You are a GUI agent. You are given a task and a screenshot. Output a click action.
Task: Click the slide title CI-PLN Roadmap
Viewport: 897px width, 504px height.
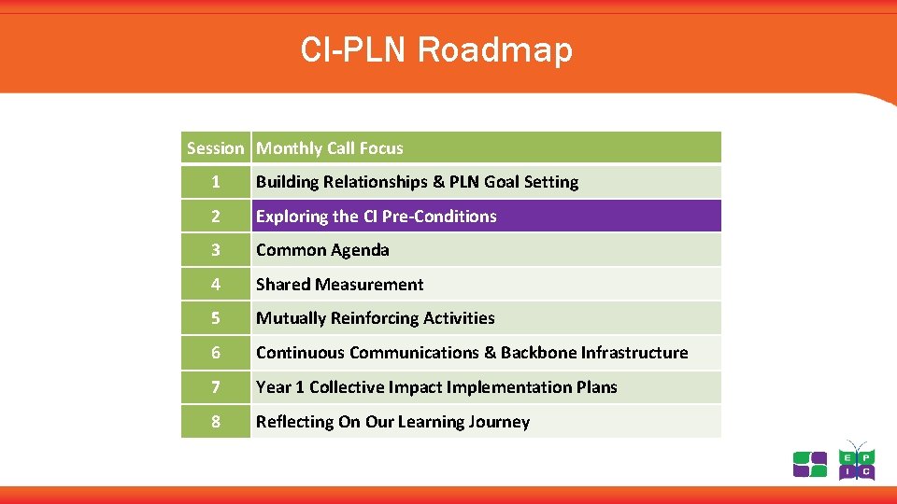click(436, 49)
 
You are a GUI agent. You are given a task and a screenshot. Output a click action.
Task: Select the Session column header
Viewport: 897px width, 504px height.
click(215, 148)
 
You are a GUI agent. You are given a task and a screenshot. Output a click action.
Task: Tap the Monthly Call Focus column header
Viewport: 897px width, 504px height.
click(330, 148)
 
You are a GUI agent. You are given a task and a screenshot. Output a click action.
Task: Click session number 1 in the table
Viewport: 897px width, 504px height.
click(216, 182)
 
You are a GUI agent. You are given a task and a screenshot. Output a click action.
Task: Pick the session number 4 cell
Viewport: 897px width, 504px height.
click(216, 285)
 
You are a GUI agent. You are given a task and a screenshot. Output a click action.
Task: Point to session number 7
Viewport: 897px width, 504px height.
click(216, 387)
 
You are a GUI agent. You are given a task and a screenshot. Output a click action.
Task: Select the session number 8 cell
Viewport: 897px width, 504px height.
click(216, 422)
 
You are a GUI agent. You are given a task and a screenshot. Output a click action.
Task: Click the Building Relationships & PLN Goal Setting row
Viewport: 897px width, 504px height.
click(418, 182)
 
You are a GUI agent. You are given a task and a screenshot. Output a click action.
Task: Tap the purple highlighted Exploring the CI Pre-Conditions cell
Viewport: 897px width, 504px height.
click(377, 217)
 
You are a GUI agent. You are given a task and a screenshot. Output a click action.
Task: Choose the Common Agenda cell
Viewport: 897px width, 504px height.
click(322, 250)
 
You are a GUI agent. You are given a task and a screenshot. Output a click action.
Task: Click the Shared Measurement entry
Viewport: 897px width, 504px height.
click(340, 285)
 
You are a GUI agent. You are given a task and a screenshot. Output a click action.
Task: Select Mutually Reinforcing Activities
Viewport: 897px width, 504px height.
click(376, 318)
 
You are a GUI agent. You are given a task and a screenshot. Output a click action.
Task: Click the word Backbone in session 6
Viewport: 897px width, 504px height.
click(538, 353)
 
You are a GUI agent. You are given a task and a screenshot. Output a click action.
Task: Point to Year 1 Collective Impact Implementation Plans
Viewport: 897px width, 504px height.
click(436, 387)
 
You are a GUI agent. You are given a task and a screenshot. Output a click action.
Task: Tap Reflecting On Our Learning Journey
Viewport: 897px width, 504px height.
click(392, 422)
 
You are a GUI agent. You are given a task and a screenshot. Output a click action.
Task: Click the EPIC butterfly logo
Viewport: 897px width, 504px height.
click(856, 461)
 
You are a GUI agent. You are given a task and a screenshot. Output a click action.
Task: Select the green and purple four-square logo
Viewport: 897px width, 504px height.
click(810, 464)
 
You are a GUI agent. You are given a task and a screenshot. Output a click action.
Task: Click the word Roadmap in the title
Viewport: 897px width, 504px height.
click(495, 49)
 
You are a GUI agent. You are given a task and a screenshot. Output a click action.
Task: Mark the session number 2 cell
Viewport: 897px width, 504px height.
click(216, 217)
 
